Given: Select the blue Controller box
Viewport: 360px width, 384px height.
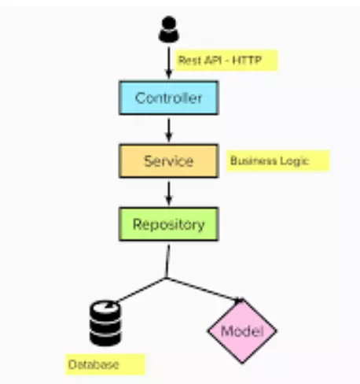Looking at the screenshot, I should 168,98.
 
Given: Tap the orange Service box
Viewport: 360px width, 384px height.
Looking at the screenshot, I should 168,161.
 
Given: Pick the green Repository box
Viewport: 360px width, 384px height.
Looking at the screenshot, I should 168,224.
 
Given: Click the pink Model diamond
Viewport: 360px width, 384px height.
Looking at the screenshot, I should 241,330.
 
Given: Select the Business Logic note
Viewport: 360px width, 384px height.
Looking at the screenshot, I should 275,161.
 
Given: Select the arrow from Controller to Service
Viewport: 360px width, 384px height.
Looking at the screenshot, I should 168,129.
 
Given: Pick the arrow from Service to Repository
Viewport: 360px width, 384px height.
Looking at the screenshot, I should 168,192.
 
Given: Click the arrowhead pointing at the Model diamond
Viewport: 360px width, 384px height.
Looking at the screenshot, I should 237,298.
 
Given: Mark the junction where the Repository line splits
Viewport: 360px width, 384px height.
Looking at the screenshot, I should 166,277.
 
